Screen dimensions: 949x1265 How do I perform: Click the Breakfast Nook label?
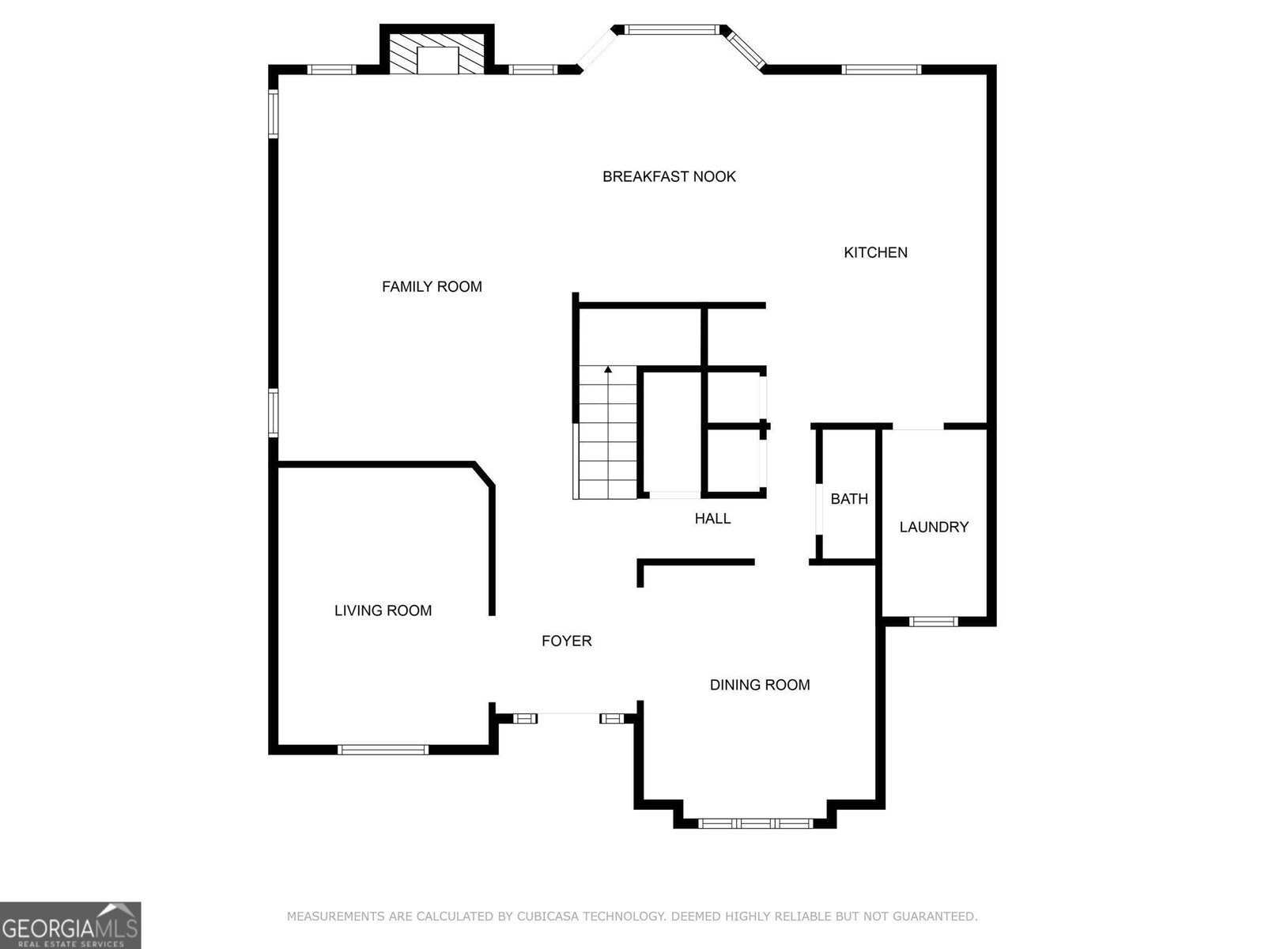[669, 176]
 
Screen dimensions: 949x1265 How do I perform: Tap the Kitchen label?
[875, 252]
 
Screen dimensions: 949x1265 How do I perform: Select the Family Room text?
[432, 286]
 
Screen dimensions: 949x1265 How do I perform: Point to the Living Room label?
[383, 611]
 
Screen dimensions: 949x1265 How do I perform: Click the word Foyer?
[566, 641]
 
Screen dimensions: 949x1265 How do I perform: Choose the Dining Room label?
[759, 685]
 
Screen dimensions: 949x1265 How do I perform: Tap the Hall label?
[712, 519]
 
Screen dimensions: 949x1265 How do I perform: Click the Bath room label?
[849, 499]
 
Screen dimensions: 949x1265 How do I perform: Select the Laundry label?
[934, 527]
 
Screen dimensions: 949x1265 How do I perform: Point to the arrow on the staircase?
[608, 369]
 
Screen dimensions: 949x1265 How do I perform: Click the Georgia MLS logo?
[70, 925]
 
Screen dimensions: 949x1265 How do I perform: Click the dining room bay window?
[755, 823]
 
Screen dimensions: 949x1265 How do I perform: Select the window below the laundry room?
[934, 622]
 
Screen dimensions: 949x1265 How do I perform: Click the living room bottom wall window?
[383, 750]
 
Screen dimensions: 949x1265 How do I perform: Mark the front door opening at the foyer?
[568, 715]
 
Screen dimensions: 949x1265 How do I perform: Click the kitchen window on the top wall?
[882, 70]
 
